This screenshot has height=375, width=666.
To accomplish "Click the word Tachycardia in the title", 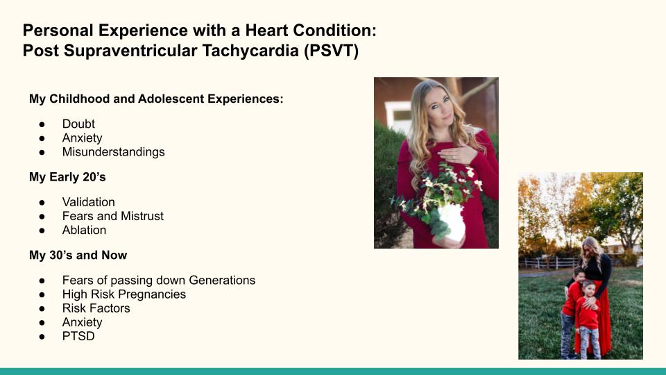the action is pos(250,51).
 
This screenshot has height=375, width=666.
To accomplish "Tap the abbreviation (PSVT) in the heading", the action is pos(332,51).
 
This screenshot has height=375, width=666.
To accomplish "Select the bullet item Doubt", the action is pos(78,124).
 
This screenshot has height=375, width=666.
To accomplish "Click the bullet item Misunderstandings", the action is pos(113,152).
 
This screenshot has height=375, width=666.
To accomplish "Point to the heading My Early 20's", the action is pos(67,177).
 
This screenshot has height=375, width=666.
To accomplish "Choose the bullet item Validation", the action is pos(88,202).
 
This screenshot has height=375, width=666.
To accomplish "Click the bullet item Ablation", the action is pos(84,230).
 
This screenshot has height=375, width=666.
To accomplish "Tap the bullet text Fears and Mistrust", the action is pos(112,216).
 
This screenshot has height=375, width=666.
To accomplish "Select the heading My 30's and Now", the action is pos(78,255).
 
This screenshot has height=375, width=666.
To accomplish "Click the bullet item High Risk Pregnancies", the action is pos(124,294).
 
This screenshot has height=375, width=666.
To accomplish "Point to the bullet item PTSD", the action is pos(78,336).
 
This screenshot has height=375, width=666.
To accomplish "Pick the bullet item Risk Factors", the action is pos(96,308).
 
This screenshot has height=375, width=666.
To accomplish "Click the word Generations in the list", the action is pos(222,280).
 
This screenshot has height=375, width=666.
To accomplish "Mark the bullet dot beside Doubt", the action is pos(42,124).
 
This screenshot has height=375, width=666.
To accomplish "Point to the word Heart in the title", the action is pos(266,31).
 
